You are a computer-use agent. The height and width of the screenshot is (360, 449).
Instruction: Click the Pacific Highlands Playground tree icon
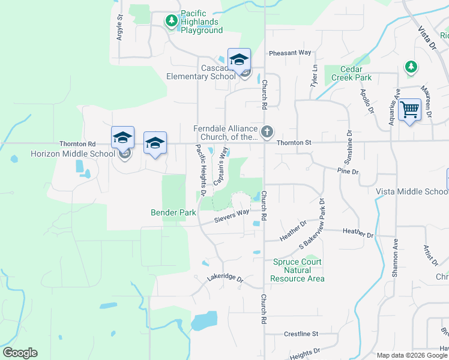(172, 22)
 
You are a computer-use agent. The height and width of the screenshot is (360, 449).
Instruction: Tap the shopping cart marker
(409, 110)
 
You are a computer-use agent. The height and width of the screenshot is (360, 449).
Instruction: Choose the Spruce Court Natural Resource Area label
(297, 270)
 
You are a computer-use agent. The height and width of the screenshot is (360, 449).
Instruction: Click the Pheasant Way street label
(291, 53)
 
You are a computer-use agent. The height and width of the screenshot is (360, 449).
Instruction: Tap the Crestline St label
(301, 334)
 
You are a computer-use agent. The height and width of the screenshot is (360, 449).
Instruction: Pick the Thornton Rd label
(77, 144)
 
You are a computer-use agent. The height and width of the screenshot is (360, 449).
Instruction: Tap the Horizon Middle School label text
(73, 154)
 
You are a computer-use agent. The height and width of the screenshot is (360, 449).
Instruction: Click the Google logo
(20, 353)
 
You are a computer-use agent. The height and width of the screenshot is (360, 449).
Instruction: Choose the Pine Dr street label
(348, 172)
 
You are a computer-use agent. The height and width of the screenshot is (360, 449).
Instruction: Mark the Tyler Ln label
(314, 76)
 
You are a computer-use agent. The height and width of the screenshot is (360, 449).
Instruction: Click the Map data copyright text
(411, 355)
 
